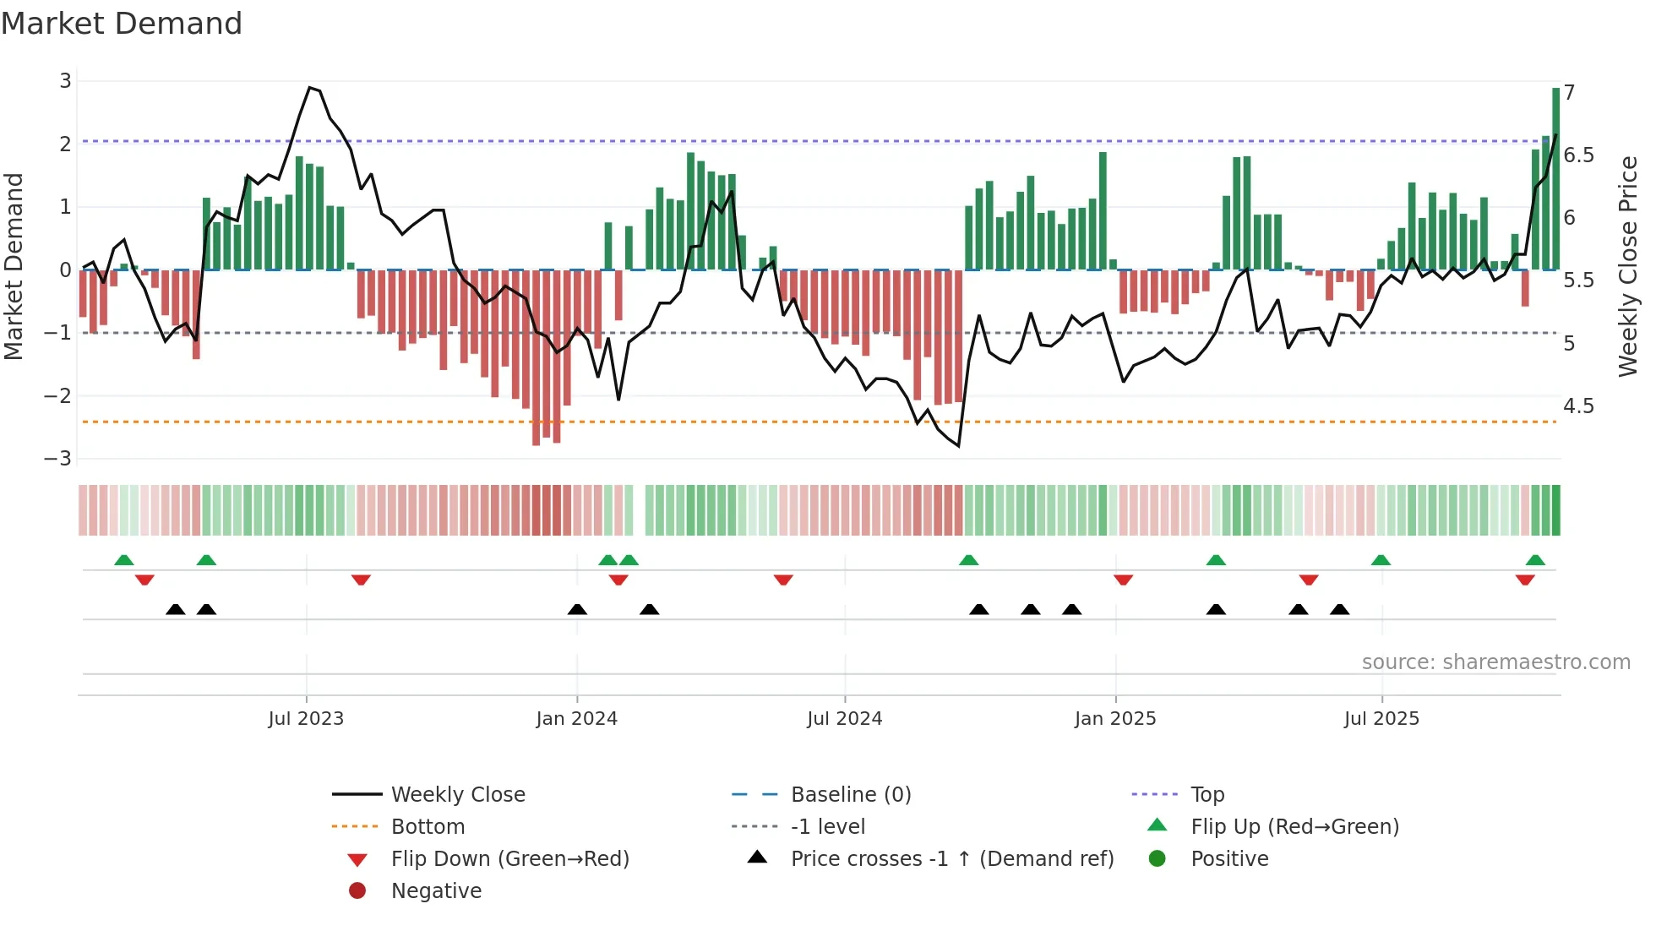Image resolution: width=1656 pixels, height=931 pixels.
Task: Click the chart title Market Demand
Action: [x=122, y=23]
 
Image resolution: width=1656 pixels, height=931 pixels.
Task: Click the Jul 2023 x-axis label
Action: [x=306, y=719]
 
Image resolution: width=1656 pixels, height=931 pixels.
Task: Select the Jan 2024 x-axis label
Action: [x=576, y=719]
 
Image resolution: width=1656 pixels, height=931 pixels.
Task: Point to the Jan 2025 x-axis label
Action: [x=1115, y=719]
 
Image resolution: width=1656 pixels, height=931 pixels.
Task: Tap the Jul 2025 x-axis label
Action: [x=1381, y=719]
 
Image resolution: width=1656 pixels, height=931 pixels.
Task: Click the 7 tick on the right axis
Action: [x=1569, y=93]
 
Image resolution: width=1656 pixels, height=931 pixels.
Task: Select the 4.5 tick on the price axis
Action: [x=1577, y=406]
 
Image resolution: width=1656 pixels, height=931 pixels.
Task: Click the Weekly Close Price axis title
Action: [x=1628, y=266]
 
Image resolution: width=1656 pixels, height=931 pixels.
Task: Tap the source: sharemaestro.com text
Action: [x=1495, y=662]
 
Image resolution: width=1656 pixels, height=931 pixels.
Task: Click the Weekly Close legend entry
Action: [x=457, y=795]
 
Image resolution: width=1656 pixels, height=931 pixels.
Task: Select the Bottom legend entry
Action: [x=428, y=827]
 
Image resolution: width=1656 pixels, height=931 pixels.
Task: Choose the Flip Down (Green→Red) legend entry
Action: [x=509, y=859]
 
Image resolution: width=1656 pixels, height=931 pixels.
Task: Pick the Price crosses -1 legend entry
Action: [x=951, y=859]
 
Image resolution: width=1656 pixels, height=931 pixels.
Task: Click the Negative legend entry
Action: [x=436, y=891]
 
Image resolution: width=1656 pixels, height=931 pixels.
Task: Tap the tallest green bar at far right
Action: [x=1555, y=177]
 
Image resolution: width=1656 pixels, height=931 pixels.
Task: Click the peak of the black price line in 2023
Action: [x=310, y=88]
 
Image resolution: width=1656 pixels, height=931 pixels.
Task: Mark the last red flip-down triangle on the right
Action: [x=1525, y=580]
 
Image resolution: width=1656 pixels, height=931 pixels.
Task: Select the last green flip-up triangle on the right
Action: [x=1535, y=560]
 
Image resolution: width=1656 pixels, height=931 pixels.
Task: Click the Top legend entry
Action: [x=1207, y=795]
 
